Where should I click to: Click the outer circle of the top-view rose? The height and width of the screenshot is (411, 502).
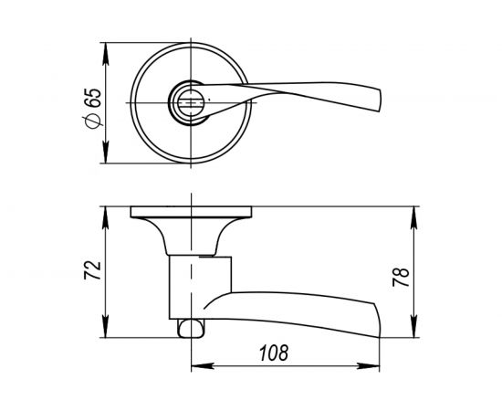[x=134, y=104]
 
